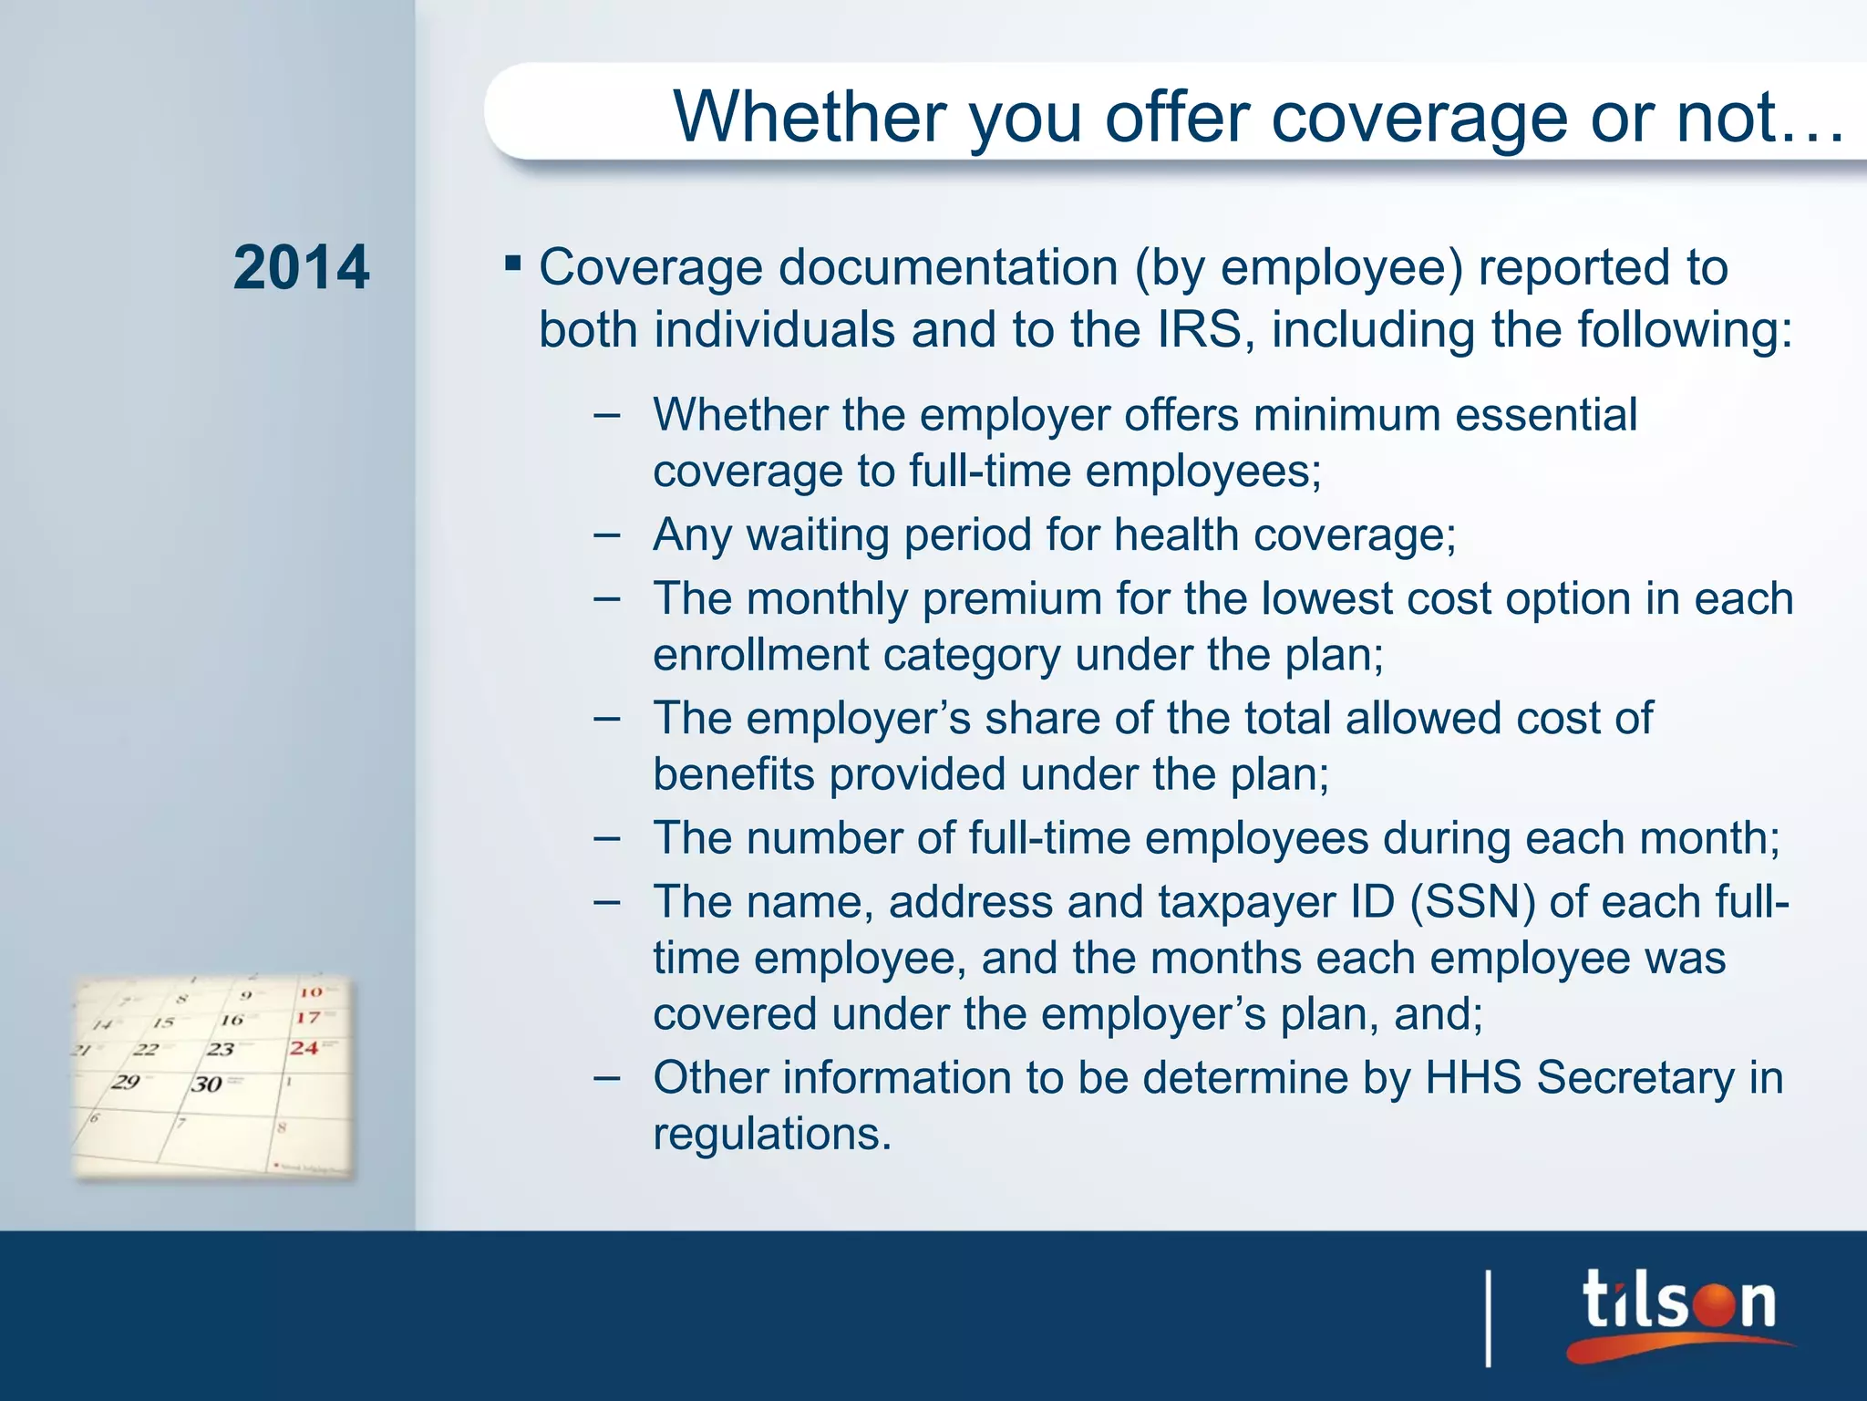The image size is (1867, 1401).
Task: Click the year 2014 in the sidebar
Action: [x=301, y=268]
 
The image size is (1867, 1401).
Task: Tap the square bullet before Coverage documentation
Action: [x=512, y=265]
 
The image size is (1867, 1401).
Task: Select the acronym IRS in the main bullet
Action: [x=1200, y=329]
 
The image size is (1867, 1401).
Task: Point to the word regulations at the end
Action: [x=771, y=1134]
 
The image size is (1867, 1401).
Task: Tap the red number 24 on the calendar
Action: [x=304, y=1048]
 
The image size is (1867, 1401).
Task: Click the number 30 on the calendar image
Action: [x=207, y=1084]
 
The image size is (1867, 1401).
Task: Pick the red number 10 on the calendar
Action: [x=311, y=991]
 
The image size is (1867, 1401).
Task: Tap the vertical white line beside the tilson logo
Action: [x=1489, y=1318]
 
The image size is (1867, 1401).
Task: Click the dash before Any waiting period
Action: [x=606, y=534]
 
